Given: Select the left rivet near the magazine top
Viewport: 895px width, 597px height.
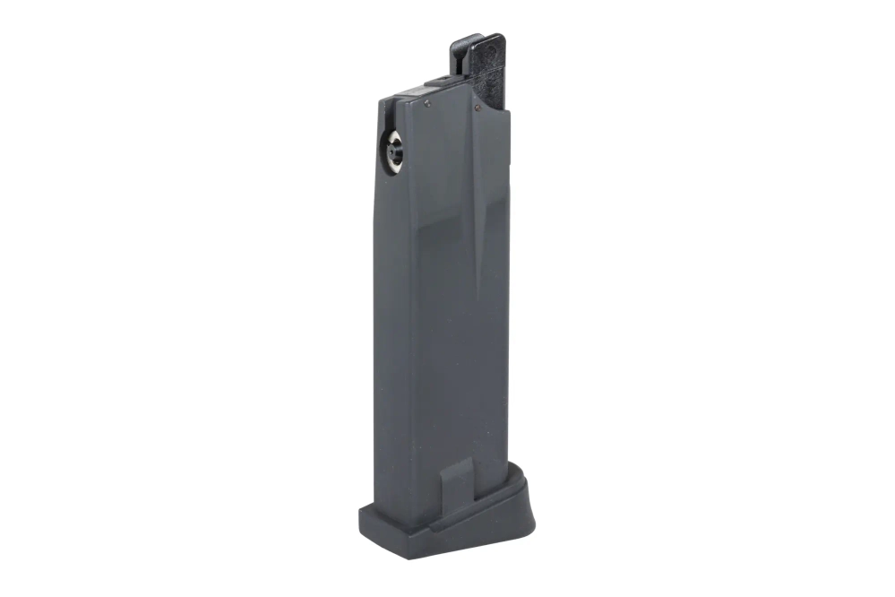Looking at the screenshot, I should pos(428,103).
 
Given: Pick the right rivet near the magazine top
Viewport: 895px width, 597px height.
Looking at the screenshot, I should pos(478,107).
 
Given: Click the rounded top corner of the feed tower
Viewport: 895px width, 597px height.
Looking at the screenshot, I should pos(498,39).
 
